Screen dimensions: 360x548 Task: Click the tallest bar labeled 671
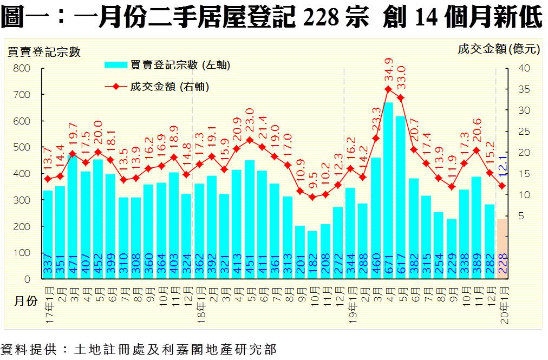click(388, 189)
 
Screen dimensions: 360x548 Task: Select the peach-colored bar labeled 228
click(502, 248)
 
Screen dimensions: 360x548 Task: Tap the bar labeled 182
click(312, 254)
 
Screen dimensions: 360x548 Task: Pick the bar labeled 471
click(73, 217)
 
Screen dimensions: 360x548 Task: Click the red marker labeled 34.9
click(388, 89)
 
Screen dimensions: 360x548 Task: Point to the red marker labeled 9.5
click(312, 197)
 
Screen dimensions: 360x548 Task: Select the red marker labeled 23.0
click(250, 140)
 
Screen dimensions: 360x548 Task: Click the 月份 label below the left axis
click(25, 302)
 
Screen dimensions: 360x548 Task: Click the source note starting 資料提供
click(138, 349)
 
